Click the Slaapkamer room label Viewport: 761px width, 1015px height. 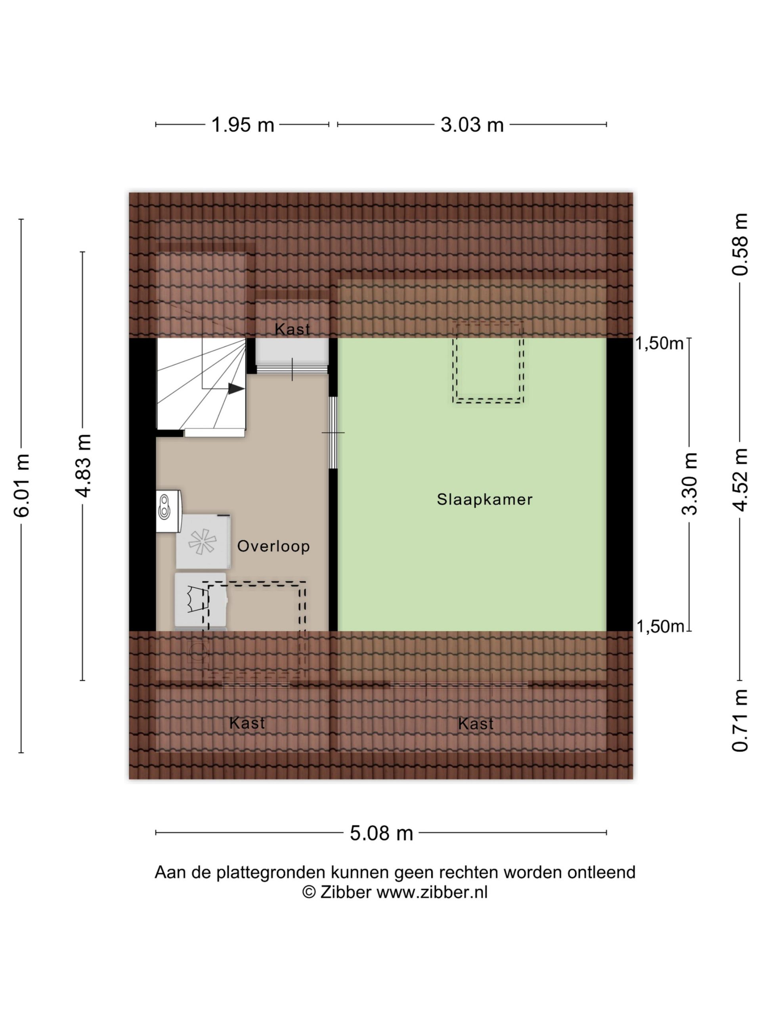click(x=484, y=499)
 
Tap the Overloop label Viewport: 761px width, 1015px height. click(x=273, y=546)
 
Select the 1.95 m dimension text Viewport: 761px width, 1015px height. click(x=243, y=125)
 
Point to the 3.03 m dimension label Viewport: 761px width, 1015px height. click(x=472, y=125)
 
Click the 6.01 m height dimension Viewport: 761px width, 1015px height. click(x=21, y=485)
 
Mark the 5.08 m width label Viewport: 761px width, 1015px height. click(x=381, y=833)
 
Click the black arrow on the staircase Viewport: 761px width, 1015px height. click(x=236, y=389)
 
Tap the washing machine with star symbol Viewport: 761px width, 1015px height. click(x=203, y=542)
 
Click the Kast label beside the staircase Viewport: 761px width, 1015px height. click(x=292, y=329)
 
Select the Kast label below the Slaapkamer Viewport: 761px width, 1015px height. click(x=476, y=724)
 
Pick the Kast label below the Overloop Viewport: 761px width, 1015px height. click(x=247, y=723)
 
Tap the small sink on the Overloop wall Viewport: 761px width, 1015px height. click(x=168, y=511)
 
